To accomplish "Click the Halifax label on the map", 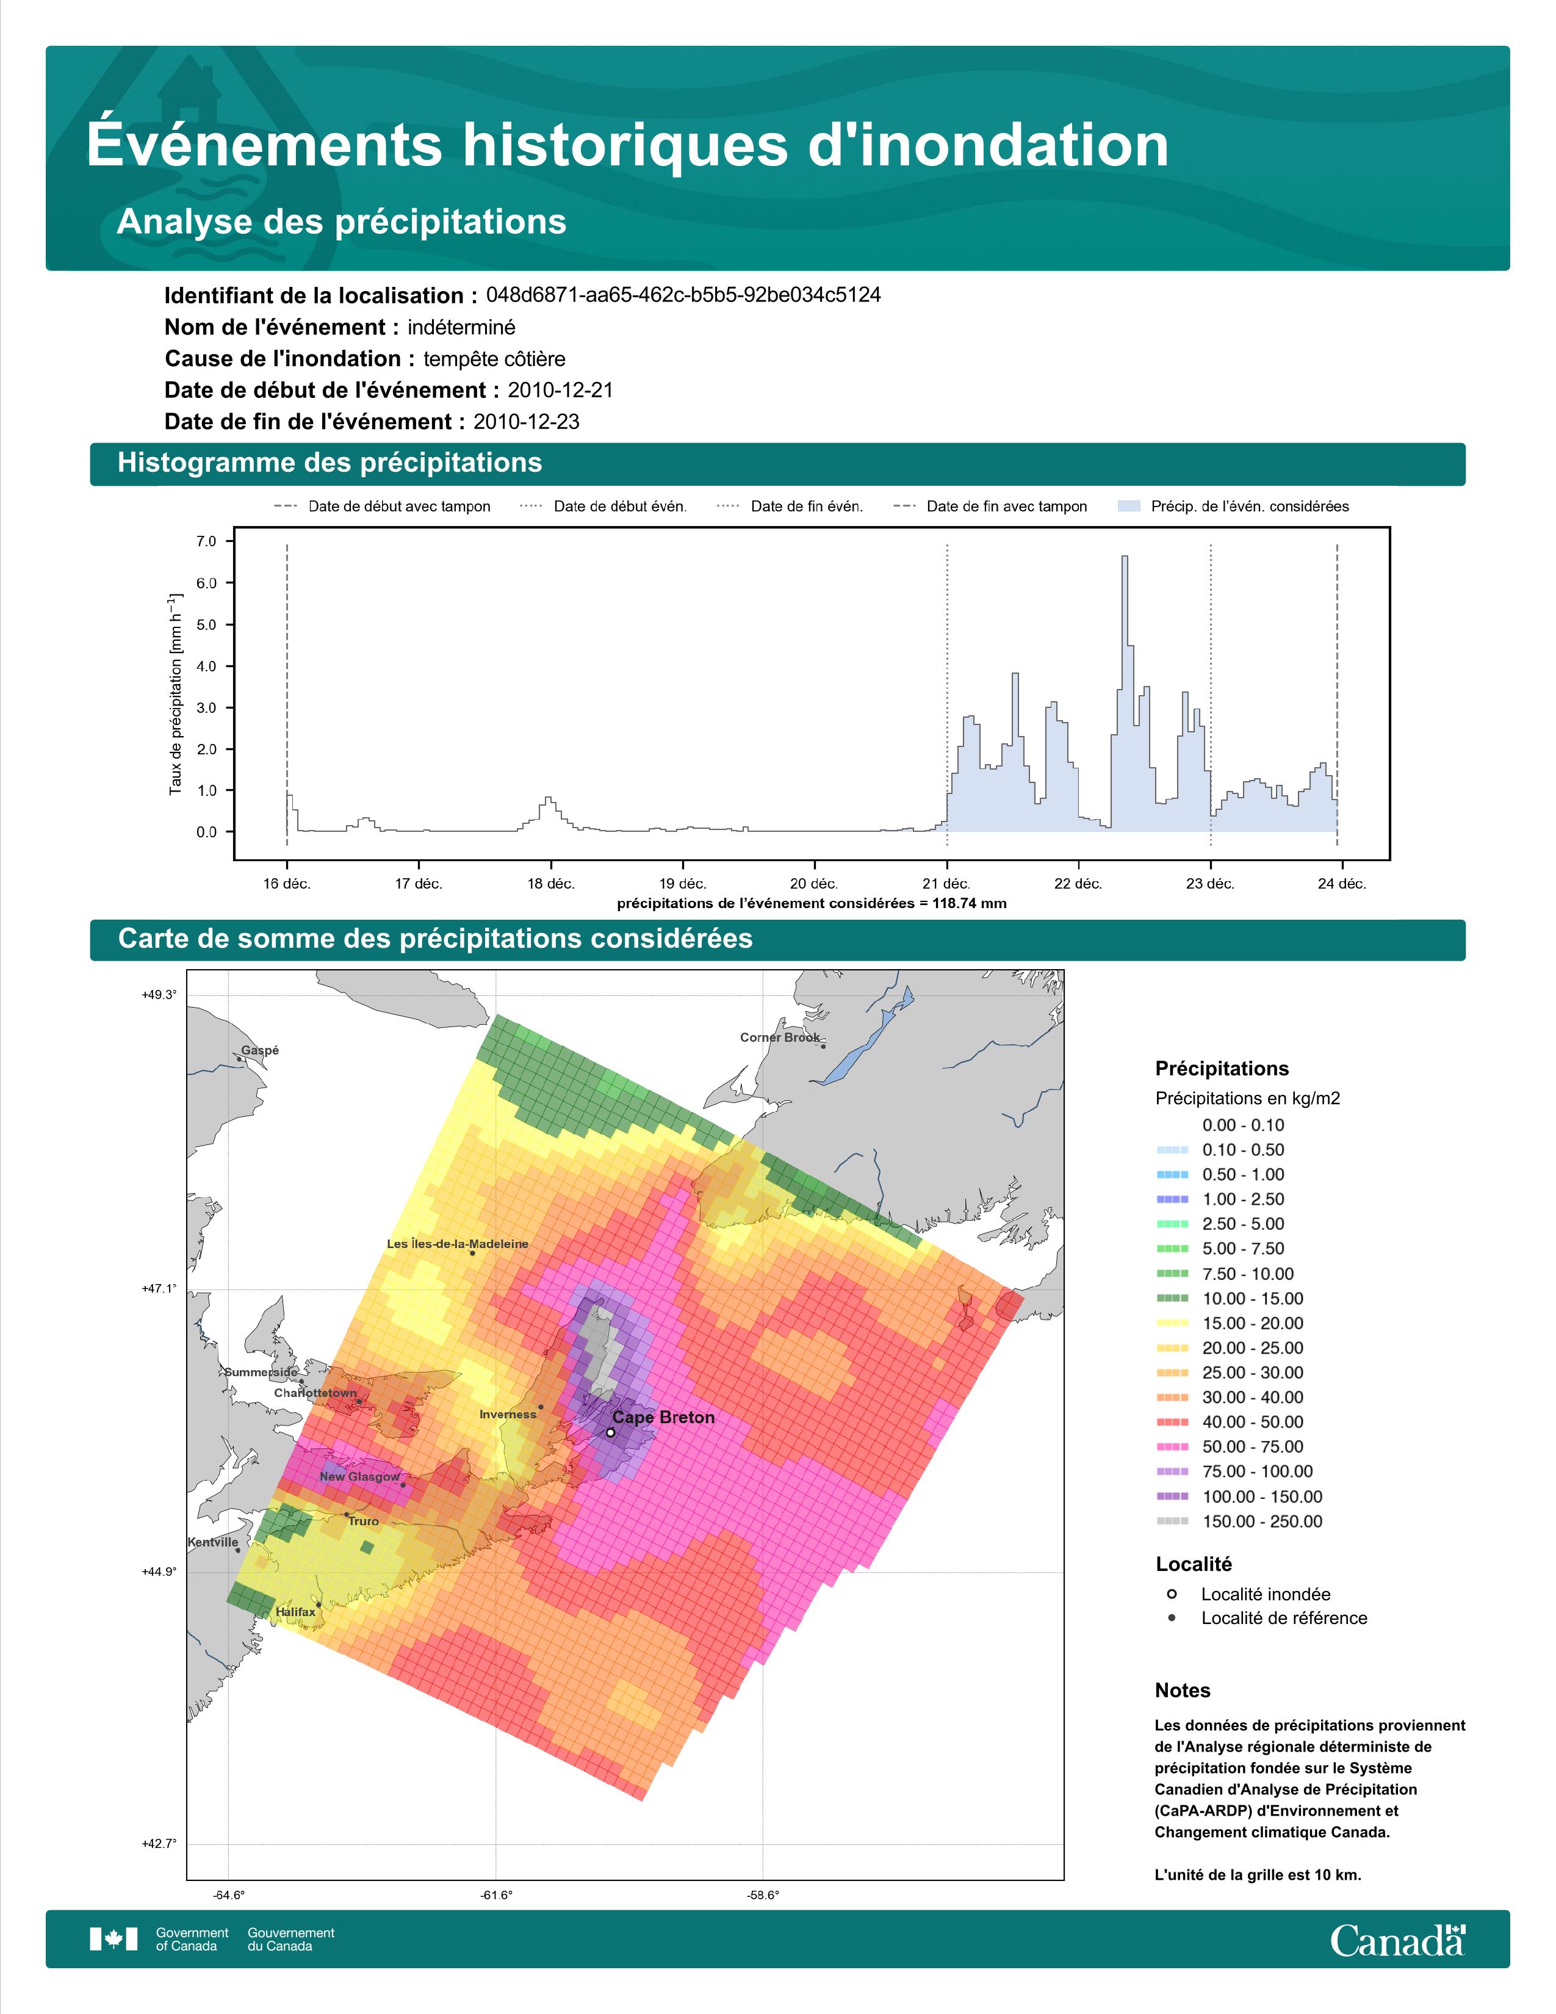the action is [x=295, y=1612].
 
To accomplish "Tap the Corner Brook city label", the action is [x=780, y=1038].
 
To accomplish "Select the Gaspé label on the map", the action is [x=260, y=1050].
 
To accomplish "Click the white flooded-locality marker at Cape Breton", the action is [x=610, y=1432].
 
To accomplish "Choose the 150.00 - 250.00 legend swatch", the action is [x=1172, y=1521].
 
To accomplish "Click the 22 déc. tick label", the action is [x=1078, y=884].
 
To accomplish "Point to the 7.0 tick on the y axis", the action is [x=206, y=541].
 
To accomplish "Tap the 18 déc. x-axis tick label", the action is [x=550, y=884].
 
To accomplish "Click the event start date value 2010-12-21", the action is [x=560, y=390].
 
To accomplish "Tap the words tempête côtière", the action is [x=494, y=359].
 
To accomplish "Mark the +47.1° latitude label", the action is [x=159, y=1288].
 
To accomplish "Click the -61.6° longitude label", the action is [x=496, y=1895].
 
